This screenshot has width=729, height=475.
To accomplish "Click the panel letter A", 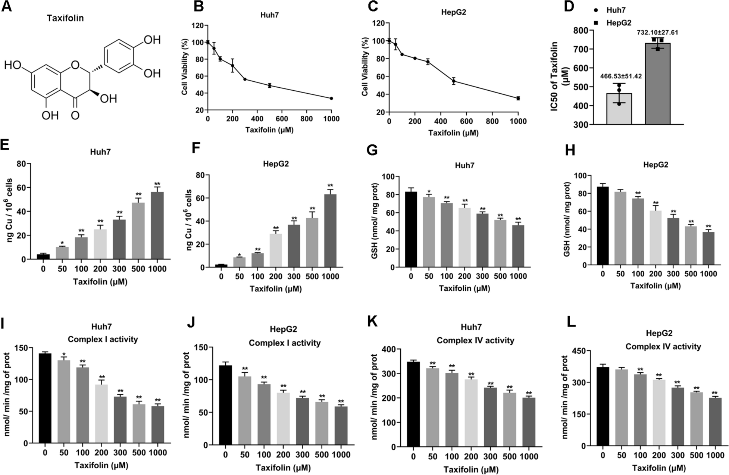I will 6,7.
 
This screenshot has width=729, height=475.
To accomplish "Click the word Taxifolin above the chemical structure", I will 65,18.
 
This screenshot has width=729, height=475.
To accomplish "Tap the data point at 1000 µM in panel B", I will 331,99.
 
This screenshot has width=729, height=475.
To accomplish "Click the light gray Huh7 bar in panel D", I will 619,109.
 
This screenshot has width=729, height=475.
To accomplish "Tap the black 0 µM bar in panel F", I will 221,266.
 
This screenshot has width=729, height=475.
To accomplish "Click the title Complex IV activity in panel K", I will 475,340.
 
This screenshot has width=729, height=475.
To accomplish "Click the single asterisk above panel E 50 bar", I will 62,244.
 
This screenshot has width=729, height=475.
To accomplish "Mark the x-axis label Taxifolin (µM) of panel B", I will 269,130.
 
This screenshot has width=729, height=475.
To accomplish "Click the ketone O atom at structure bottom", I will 75,115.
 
